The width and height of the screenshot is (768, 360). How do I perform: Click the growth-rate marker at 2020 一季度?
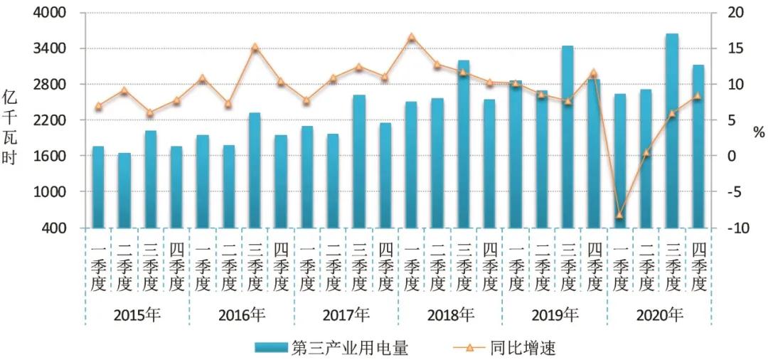pyautogui.click(x=619, y=214)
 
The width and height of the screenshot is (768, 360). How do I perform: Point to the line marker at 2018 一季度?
pyautogui.click(x=411, y=36)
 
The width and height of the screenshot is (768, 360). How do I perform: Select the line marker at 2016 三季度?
pyautogui.click(x=255, y=47)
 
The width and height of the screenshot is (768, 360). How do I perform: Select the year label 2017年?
pyautogui.click(x=346, y=314)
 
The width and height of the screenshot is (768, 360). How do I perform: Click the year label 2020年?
pyautogui.click(x=659, y=314)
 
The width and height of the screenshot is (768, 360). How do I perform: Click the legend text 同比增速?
pyautogui.click(x=523, y=348)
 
